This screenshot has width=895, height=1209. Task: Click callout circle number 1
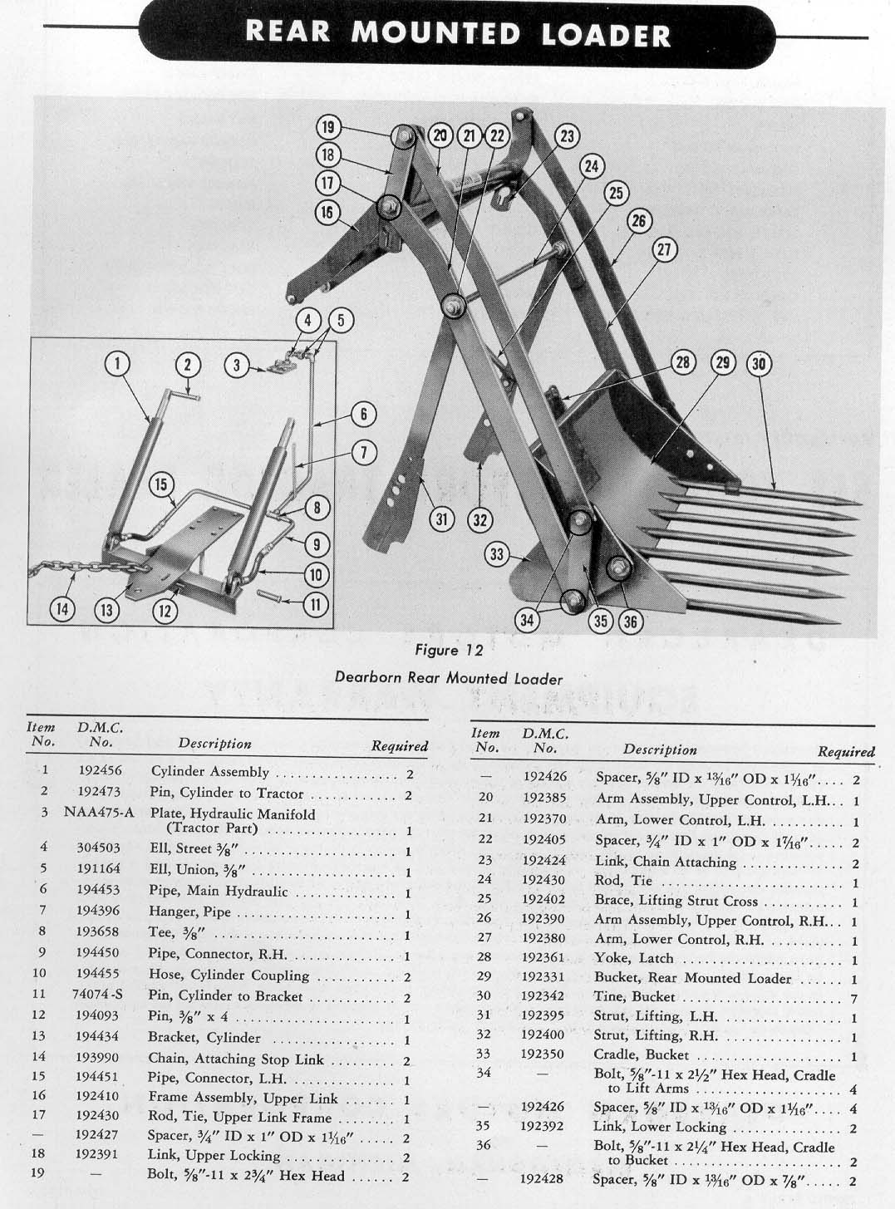point(118,363)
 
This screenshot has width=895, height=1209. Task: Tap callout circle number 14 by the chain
point(62,609)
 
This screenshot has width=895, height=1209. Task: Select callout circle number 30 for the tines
point(759,363)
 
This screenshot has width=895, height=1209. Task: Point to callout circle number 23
point(567,136)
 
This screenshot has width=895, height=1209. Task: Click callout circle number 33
point(497,553)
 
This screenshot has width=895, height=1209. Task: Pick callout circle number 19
point(328,127)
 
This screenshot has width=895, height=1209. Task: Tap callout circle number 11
point(315,604)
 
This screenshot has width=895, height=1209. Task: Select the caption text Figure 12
point(448,650)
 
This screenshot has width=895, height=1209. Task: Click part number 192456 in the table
point(101,771)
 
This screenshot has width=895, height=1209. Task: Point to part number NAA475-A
point(99,812)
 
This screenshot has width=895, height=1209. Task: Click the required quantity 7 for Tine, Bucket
point(854,999)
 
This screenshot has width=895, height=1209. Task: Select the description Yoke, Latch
point(632,958)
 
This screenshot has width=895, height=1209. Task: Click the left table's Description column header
point(214,744)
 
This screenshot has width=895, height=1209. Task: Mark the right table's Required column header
point(846,752)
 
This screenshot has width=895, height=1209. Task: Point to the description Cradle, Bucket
point(641,1054)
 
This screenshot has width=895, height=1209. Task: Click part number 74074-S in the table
point(99,995)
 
